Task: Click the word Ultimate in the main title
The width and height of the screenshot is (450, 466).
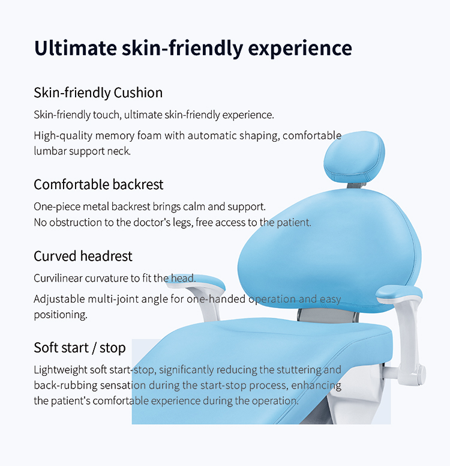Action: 76,47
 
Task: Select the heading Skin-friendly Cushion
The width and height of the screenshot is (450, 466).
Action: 98,92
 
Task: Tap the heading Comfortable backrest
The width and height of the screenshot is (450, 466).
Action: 98,184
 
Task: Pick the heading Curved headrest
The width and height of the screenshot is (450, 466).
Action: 83,256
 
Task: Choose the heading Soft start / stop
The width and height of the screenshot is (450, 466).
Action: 80,348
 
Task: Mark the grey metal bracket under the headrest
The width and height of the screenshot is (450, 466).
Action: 356,186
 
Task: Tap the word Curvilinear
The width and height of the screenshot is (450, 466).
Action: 58,278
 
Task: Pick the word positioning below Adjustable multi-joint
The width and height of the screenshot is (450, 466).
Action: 61,315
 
